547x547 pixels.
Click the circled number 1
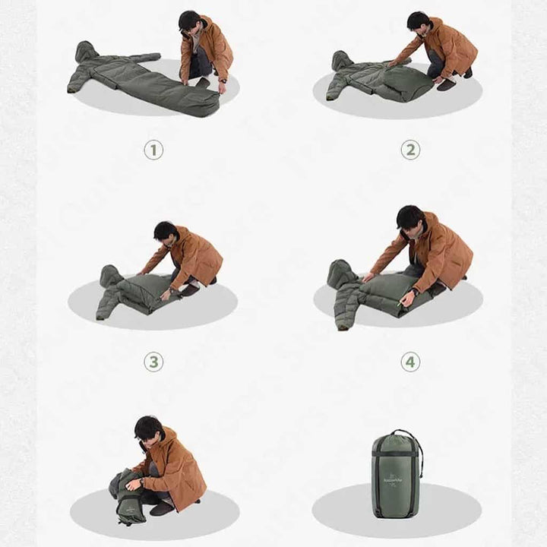point(153,150)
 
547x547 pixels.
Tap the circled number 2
point(410,150)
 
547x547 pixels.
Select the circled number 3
point(153,362)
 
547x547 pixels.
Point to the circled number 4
point(410,362)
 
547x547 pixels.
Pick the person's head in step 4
point(409,218)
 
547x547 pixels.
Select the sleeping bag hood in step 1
point(86,51)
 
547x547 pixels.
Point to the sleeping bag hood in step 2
point(343,60)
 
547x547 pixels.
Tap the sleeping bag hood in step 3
point(110,274)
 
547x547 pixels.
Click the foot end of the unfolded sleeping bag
point(201,103)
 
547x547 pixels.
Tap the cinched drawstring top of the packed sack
point(397,436)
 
